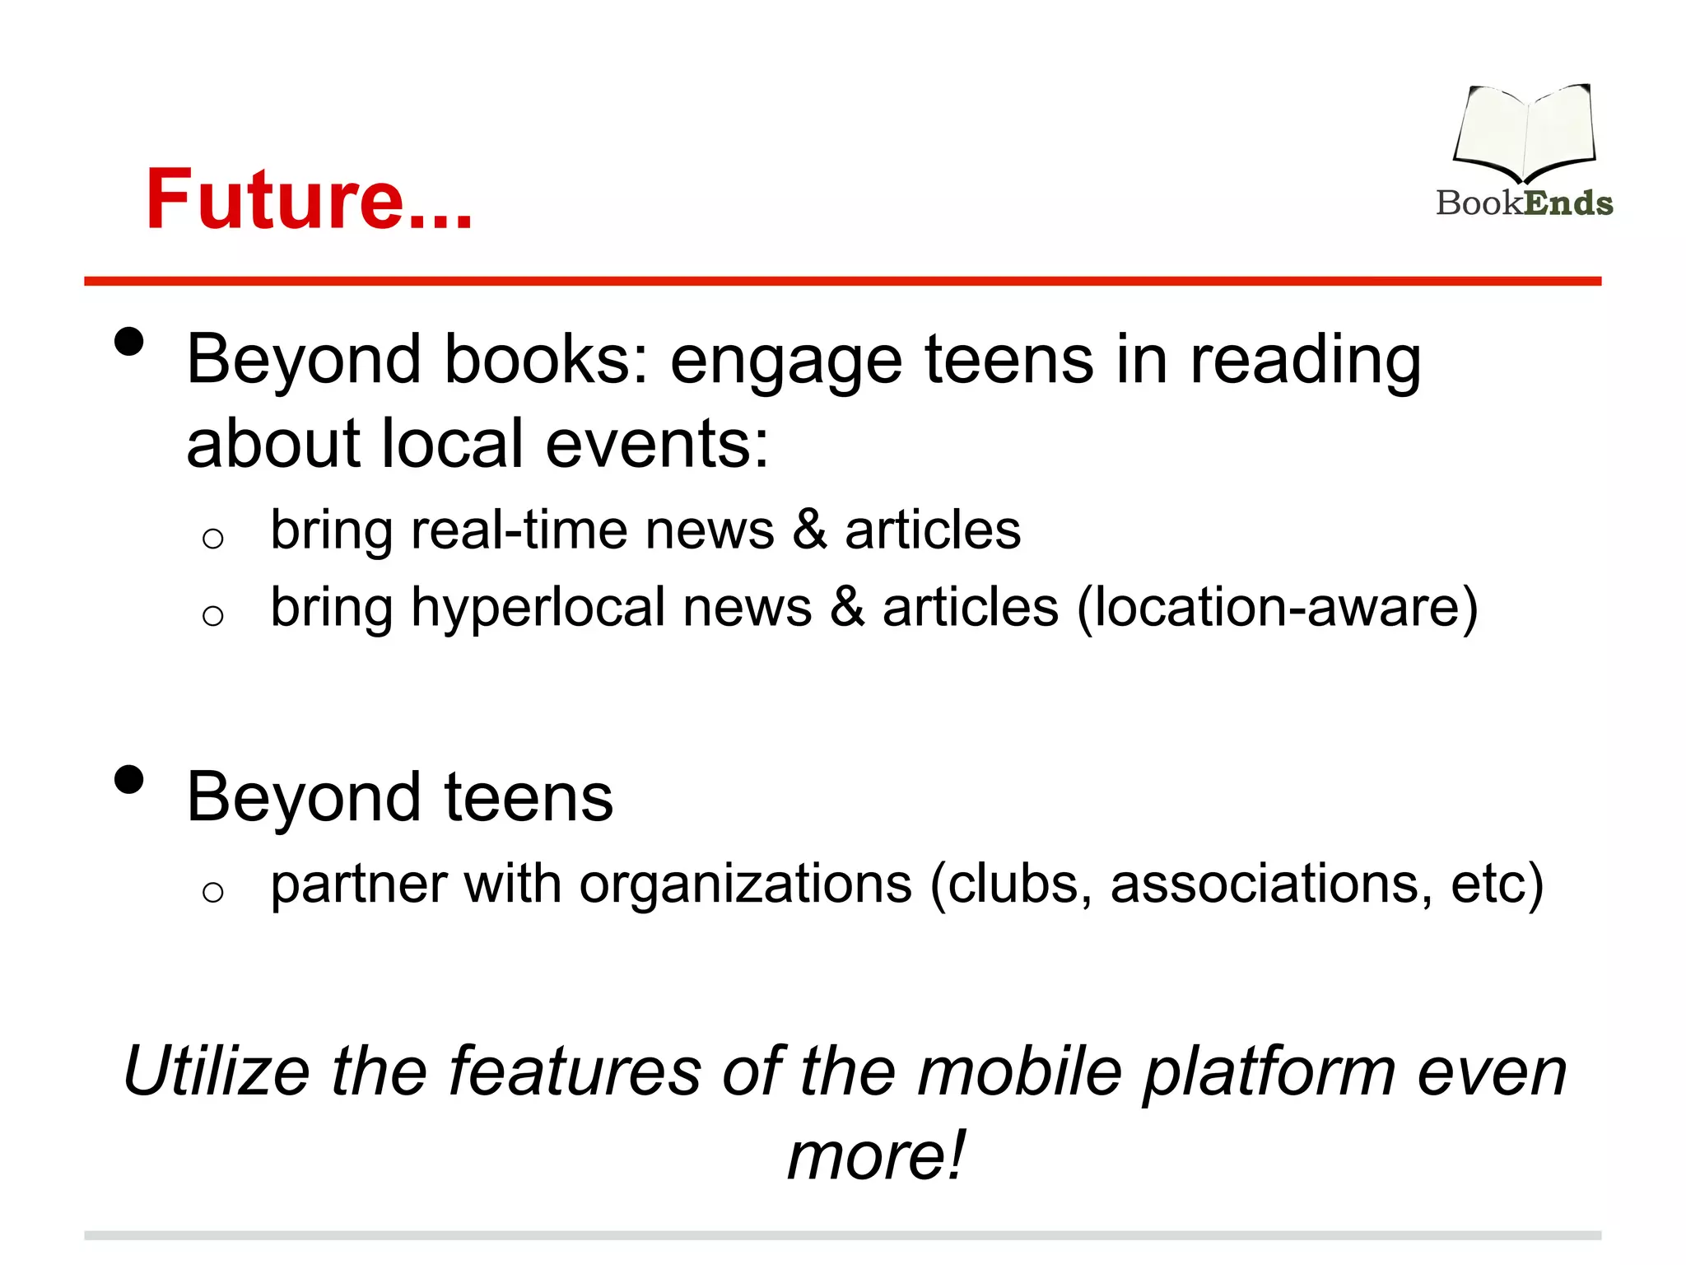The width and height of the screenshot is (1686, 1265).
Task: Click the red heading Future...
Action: tap(309, 199)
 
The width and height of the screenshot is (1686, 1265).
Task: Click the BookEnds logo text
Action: tap(1524, 203)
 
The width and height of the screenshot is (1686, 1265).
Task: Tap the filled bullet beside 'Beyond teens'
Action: tap(129, 779)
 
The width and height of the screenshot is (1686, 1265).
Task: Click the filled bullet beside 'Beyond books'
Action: tap(129, 341)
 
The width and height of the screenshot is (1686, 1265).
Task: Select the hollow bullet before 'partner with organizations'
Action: tap(212, 891)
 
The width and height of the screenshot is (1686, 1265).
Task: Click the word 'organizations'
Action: tap(746, 885)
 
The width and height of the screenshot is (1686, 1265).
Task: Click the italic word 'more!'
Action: tap(876, 1155)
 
